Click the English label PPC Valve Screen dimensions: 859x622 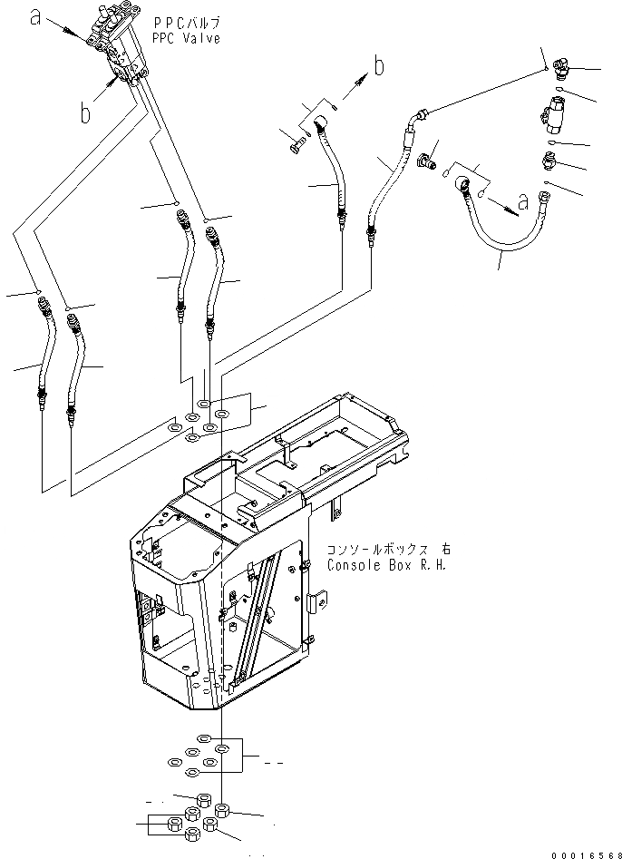coord(188,40)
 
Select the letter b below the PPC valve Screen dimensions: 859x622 coord(85,113)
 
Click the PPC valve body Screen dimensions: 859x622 coord(118,45)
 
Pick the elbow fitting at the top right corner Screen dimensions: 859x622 coord(558,72)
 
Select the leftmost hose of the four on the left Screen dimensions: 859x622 coord(43,354)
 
